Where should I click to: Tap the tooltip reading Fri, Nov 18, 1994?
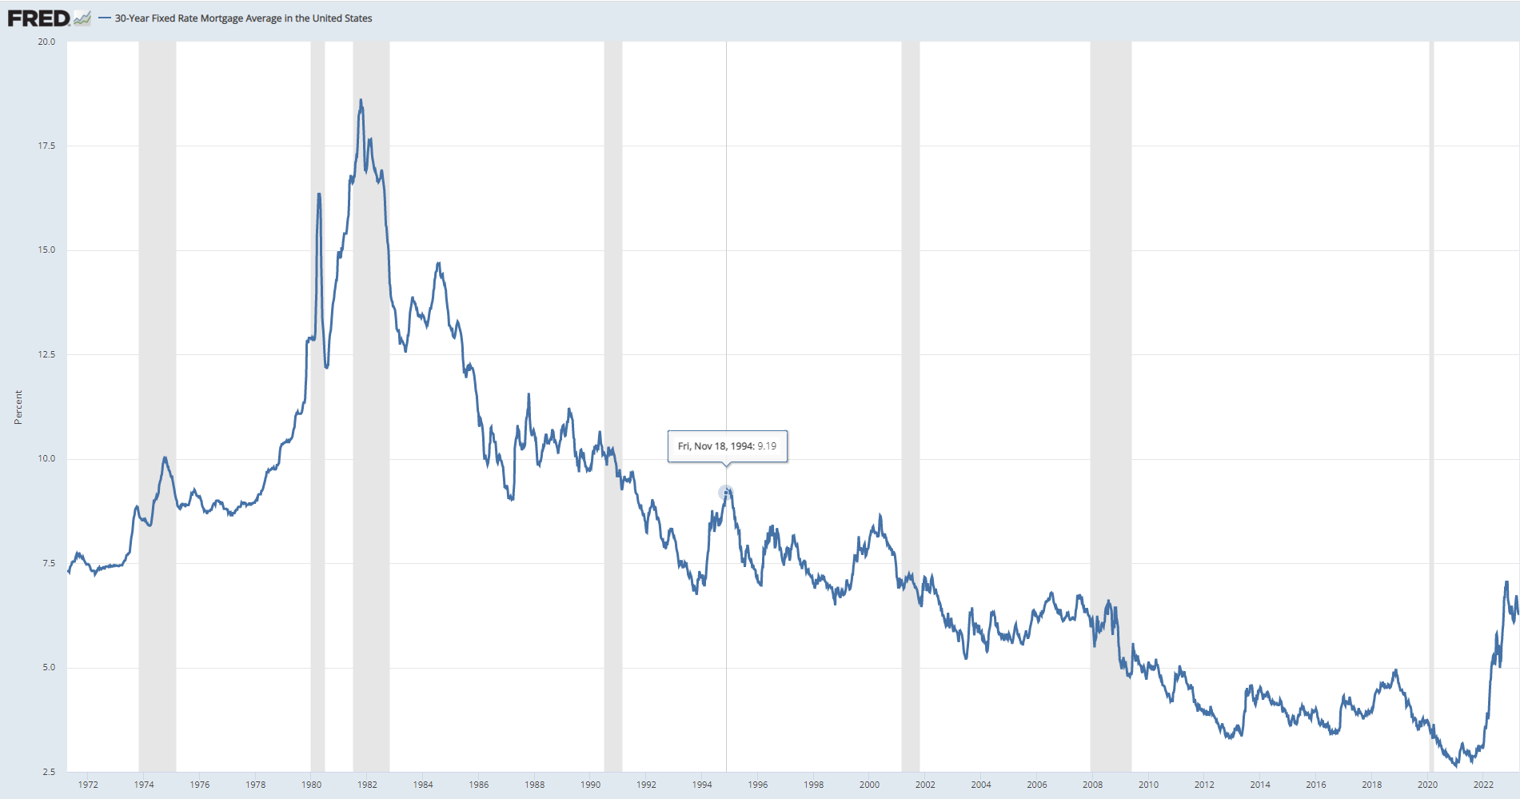(727, 446)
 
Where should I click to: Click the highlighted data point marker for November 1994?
(725, 492)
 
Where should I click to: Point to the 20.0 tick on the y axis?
(46, 42)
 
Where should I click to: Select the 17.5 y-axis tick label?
(46, 146)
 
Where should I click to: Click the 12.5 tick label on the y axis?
(46, 354)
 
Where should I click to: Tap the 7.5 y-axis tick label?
(49, 563)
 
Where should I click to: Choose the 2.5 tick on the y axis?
(49, 772)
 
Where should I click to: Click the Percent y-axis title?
(18, 407)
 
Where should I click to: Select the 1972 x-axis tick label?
(88, 785)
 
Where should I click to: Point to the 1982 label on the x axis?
(367, 785)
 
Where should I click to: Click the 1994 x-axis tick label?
(702, 785)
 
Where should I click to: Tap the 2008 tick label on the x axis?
(1092, 785)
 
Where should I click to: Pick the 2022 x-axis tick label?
(1483, 785)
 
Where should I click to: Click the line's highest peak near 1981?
(361, 101)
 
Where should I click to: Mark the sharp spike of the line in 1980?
(319, 194)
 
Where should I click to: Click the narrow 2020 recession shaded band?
(1431, 400)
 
